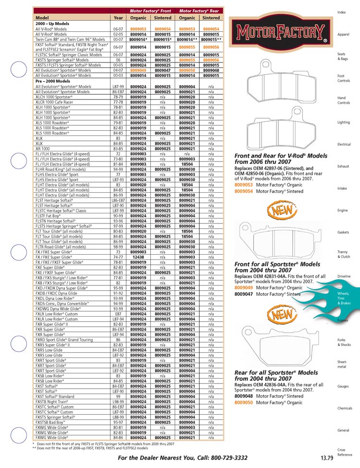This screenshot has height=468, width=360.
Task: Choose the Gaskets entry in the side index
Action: pyautogui.click(x=343, y=232)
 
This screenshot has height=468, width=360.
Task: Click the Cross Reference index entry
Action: pyautogui.click(x=345, y=452)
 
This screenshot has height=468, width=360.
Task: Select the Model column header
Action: pyautogui.click(x=43, y=18)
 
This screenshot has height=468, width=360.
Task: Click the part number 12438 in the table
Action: pyautogui.click(x=139, y=257)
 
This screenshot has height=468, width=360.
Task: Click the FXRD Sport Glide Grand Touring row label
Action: pyautogui.click(x=64, y=339)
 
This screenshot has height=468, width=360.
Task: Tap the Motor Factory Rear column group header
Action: pyautogui.click(x=199, y=11)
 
